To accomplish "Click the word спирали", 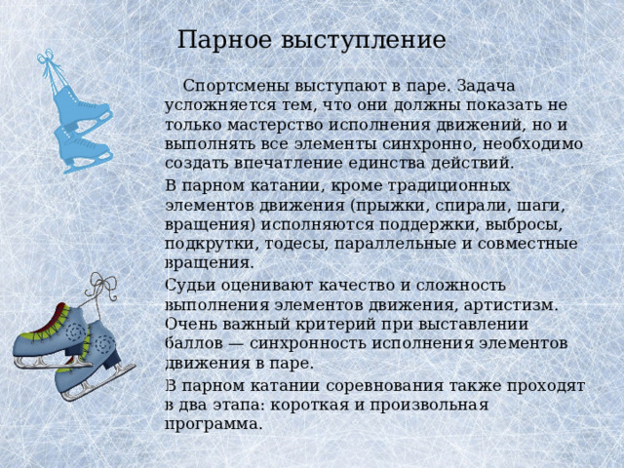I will pyautogui.click(x=461, y=204).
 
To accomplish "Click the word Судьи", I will pyautogui.click(x=188, y=285).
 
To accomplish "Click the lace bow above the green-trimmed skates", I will pyautogui.click(x=101, y=284).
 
